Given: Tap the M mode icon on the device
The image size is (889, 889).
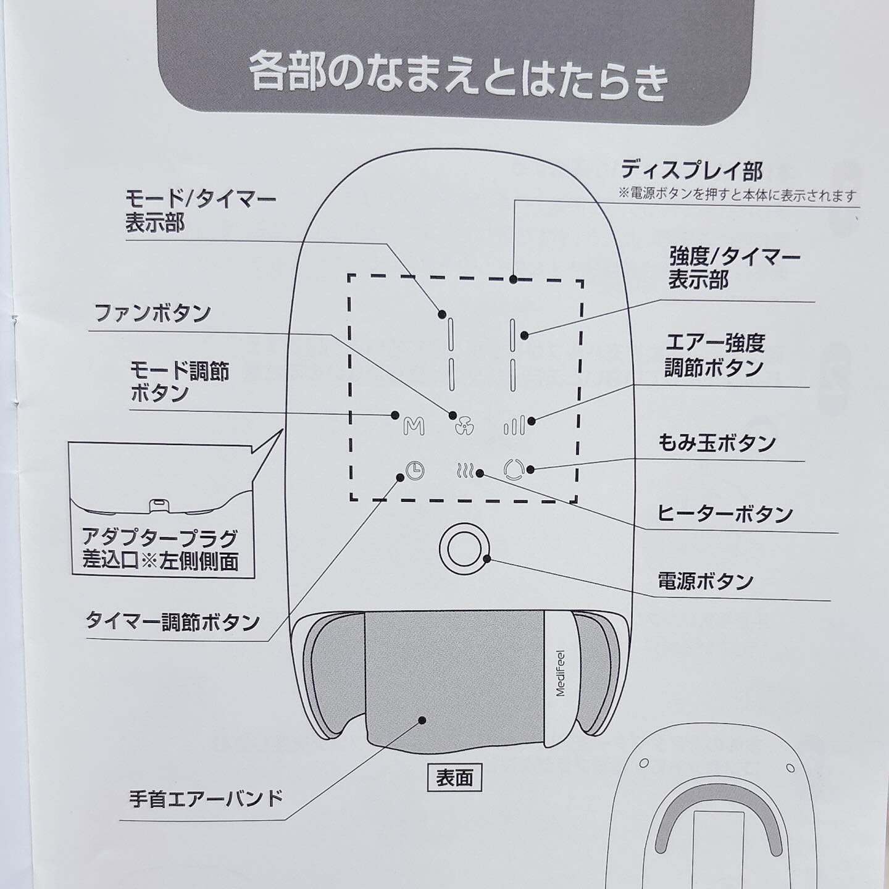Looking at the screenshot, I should click(414, 427).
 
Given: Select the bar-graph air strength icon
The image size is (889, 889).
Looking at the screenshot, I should click(514, 425).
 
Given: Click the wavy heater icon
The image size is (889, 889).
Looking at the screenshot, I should click(465, 472).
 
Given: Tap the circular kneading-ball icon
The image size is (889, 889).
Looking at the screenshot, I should click(514, 470).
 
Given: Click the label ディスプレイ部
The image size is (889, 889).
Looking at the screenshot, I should click(691, 170).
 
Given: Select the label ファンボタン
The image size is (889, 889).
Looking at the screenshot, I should click(152, 313).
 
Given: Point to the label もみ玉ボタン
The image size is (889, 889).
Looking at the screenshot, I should click(716, 443).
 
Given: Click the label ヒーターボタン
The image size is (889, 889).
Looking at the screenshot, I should click(724, 514).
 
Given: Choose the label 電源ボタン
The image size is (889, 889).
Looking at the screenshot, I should click(706, 581).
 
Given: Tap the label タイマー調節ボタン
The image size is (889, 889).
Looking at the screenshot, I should click(172, 621).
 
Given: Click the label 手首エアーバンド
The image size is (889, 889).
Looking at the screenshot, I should click(206, 799).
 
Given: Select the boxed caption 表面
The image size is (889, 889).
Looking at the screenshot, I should click(454, 778).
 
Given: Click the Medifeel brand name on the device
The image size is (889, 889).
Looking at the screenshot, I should click(561, 673).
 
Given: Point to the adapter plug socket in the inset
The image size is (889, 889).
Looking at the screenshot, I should click(160, 504).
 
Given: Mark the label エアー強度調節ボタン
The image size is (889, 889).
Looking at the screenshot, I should click(714, 355).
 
